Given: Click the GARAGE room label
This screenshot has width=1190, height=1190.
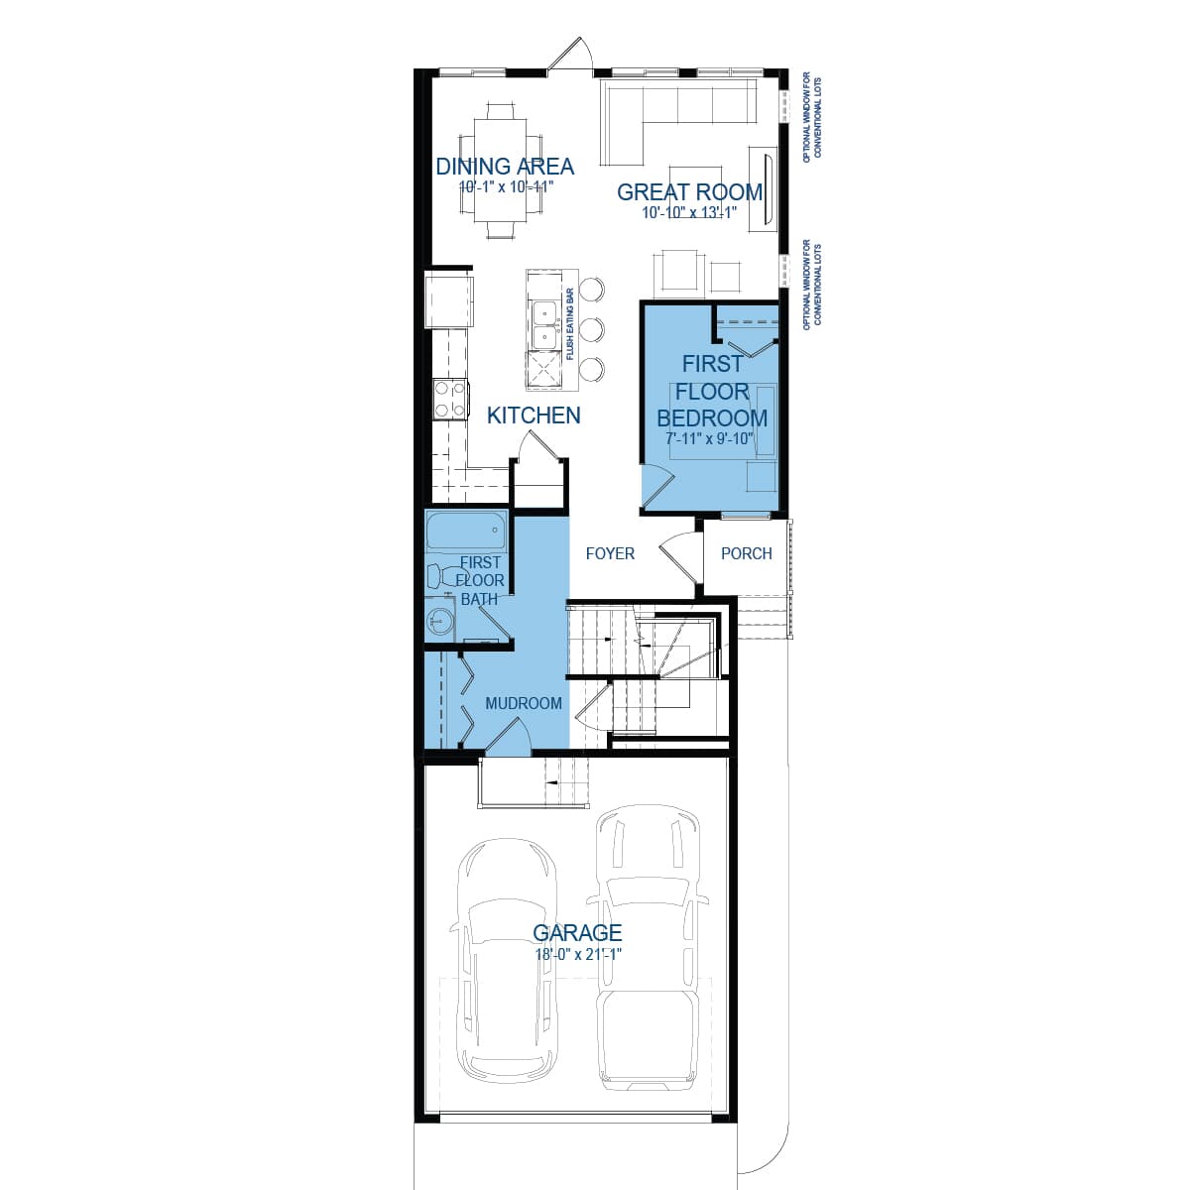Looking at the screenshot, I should [x=577, y=932].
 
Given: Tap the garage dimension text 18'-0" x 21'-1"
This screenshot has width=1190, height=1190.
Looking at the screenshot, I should [x=577, y=954].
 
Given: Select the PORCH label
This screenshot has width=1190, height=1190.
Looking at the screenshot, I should [x=746, y=553].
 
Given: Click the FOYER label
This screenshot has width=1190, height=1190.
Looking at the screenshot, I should [x=610, y=553].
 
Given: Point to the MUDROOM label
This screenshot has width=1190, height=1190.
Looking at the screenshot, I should [x=523, y=703].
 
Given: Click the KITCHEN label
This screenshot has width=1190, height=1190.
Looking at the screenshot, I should [x=534, y=416].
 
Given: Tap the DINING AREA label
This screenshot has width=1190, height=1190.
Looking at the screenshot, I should [x=505, y=166].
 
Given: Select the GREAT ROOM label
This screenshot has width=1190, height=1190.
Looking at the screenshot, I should [x=689, y=191].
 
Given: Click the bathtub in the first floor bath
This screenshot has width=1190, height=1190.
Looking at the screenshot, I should [x=466, y=535].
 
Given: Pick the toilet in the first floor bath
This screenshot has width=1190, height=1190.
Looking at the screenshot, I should [x=436, y=575].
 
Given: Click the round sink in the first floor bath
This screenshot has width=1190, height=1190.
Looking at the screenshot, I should [x=439, y=622].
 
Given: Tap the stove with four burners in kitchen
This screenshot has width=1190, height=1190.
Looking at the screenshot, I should [x=450, y=399].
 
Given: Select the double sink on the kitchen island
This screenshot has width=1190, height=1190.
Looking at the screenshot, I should [x=542, y=326].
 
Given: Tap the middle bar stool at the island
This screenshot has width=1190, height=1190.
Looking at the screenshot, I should [x=591, y=328].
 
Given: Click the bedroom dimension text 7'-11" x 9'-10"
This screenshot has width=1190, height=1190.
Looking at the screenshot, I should [x=710, y=438].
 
